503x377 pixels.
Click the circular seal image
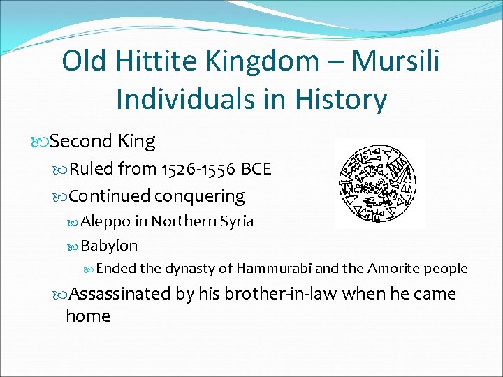click(x=379, y=182)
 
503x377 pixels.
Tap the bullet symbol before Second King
click(x=41, y=142)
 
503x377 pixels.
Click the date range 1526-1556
click(x=198, y=169)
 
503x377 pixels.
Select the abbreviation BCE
click(x=256, y=169)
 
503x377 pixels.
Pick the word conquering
click(x=199, y=197)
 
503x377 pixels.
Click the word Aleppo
click(x=105, y=222)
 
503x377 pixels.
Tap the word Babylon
click(x=109, y=246)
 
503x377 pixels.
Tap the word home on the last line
click(x=88, y=316)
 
